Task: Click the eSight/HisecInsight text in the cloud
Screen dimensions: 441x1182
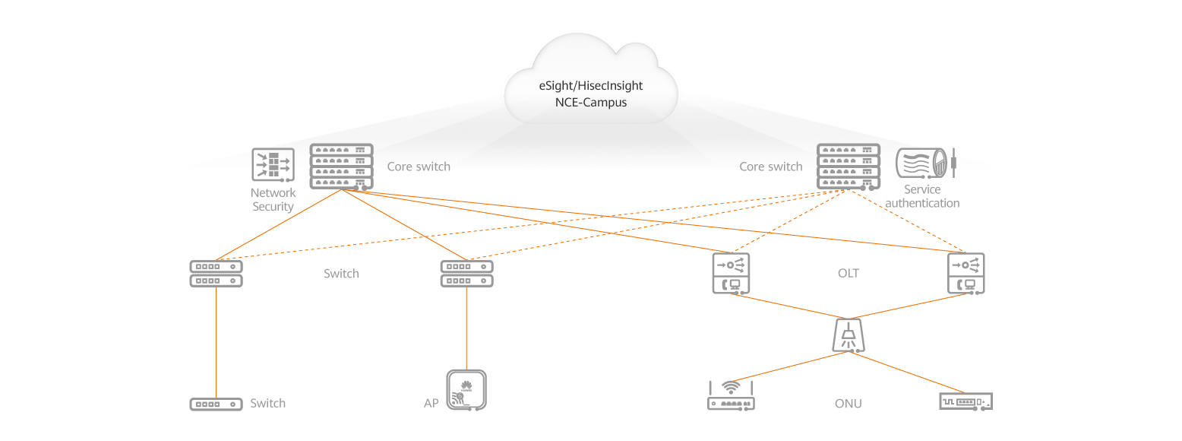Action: point(591,87)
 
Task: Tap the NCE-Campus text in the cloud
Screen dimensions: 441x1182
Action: point(591,102)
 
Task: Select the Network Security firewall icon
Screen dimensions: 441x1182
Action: point(273,164)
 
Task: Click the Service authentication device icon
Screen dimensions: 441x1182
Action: point(924,163)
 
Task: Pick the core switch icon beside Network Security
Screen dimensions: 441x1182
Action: point(342,167)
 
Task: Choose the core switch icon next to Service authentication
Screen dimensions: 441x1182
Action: point(848,167)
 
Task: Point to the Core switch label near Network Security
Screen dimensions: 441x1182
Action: point(419,167)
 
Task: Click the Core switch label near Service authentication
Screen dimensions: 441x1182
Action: point(770,167)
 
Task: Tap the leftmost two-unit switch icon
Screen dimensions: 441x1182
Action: point(216,274)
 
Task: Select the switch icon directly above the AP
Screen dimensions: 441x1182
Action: point(466,274)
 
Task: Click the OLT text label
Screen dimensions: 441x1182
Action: point(848,273)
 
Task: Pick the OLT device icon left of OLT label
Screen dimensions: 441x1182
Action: point(731,274)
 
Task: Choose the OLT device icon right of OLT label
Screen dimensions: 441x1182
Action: point(966,274)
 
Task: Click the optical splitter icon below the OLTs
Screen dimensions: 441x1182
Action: point(849,335)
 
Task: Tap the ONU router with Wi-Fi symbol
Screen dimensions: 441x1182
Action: point(731,395)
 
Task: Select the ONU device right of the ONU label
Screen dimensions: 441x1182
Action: point(966,401)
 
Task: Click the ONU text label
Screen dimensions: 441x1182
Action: point(848,404)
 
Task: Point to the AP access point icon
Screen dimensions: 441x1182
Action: point(466,391)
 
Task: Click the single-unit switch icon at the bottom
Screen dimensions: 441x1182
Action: point(216,404)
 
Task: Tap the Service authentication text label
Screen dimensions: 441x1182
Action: point(922,196)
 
